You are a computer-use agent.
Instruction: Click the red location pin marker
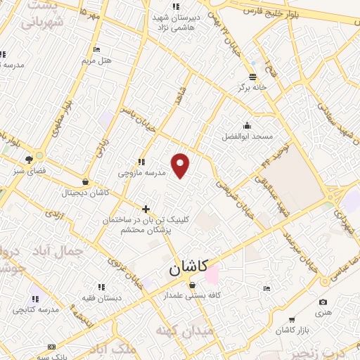point(181,165)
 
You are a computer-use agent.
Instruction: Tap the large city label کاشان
point(188,268)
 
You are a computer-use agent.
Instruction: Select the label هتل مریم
point(97,60)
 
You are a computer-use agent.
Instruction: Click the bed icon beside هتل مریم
point(97,49)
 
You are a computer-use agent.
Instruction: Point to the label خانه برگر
point(254,88)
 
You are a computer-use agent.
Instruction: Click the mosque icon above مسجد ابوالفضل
point(247,124)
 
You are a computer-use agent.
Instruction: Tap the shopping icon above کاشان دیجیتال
point(86,181)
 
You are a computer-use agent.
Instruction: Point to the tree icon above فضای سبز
point(29,160)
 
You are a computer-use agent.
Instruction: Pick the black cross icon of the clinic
point(146,209)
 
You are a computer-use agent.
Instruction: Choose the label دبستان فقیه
point(101,297)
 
